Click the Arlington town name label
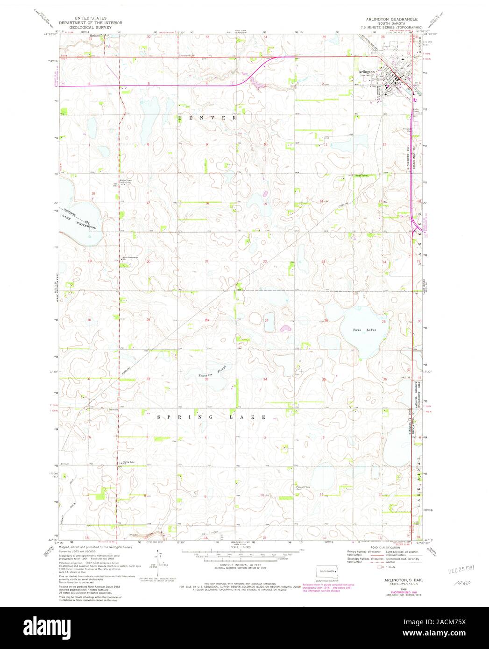(367, 72)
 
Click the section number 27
(266, 321)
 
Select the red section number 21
(207, 262)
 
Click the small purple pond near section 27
(285, 329)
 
